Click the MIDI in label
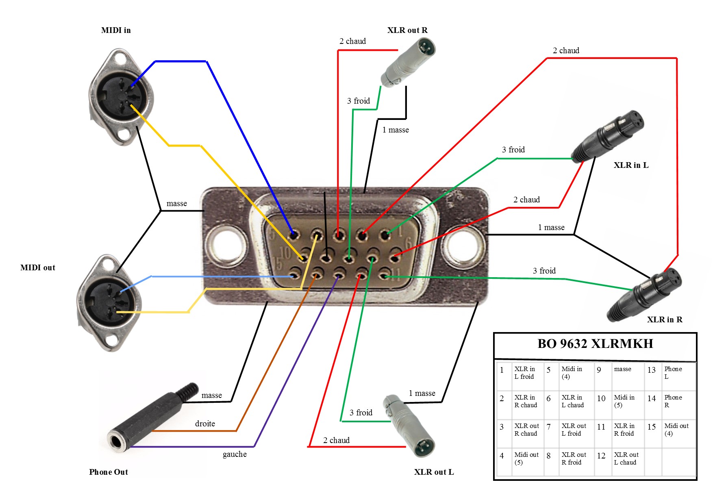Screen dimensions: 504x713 point(116,30)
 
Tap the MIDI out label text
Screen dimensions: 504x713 point(38,268)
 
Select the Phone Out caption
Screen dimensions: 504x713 point(109,472)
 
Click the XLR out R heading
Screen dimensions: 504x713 point(407,30)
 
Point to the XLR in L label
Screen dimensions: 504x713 point(631,165)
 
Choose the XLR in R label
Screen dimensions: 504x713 point(665,320)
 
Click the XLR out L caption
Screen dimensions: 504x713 point(434,472)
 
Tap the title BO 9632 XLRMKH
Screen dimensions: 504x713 point(595,344)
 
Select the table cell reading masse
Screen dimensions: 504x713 point(622,369)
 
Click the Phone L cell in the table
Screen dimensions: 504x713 point(673,373)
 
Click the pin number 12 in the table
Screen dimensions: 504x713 point(601,456)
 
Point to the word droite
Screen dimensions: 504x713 point(205,424)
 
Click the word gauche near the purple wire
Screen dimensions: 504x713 point(235,454)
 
